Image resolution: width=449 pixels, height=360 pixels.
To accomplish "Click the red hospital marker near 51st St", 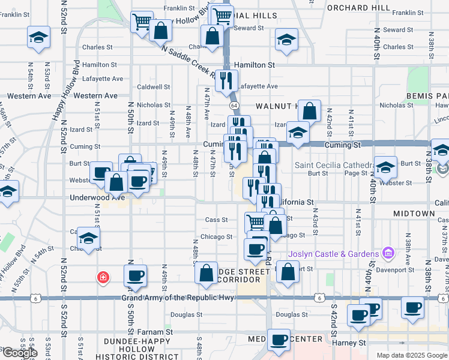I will click(x=103, y=277).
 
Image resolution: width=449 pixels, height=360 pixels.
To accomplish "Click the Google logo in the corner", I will click(x=19, y=353).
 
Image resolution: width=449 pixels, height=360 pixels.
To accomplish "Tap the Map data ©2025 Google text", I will click(x=412, y=355).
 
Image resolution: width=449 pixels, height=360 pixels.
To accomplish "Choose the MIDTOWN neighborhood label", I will click(x=414, y=214).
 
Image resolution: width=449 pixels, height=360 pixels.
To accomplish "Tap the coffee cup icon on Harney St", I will click(x=279, y=340).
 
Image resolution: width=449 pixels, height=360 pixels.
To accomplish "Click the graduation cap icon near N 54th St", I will click(x=38, y=38).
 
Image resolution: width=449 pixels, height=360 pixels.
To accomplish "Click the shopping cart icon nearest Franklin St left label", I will click(x=142, y=22).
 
